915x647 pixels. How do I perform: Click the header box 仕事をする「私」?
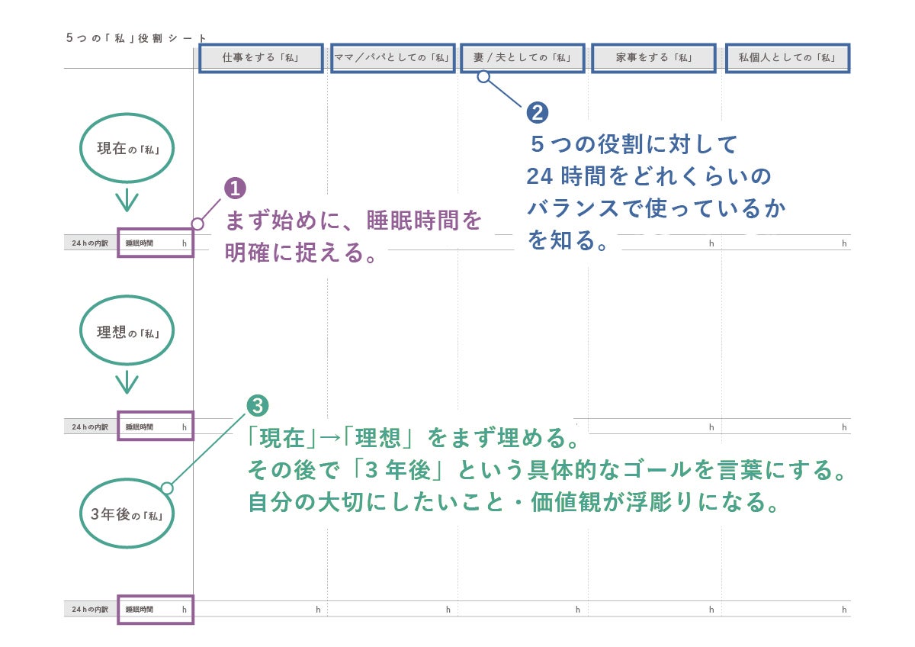pyautogui.click(x=261, y=58)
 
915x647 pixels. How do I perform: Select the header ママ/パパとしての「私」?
pyautogui.click(x=393, y=58)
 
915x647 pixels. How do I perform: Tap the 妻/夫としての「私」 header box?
pyautogui.click(x=522, y=58)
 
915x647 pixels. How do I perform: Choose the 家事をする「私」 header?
pyautogui.click(x=653, y=58)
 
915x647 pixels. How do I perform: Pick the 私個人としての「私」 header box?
pyautogui.click(x=787, y=58)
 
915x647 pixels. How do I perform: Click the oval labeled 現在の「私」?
pyautogui.click(x=127, y=149)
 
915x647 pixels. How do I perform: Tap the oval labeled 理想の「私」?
pyautogui.click(x=127, y=333)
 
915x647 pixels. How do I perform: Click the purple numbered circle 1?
pyautogui.click(x=235, y=188)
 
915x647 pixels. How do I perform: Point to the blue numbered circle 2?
pyautogui.click(x=538, y=113)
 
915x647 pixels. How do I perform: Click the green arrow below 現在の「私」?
pyautogui.click(x=127, y=201)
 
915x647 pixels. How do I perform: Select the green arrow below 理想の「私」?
pyautogui.click(x=127, y=383)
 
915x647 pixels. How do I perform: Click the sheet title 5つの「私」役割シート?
pyautogui.click(x=136, y=37)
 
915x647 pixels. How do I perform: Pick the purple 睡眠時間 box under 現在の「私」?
pyautogui.click(x=156, y=243)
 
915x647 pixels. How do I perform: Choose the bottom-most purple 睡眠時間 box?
pyautogui.click(x=156, y=610)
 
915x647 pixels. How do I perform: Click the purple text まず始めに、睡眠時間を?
pyautogui.click(x=354, y=220)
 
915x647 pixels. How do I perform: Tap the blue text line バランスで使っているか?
pyautogui.click(x=657, y=208)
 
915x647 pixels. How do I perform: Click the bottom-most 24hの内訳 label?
pyautogui.click(x=90, y=610)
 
